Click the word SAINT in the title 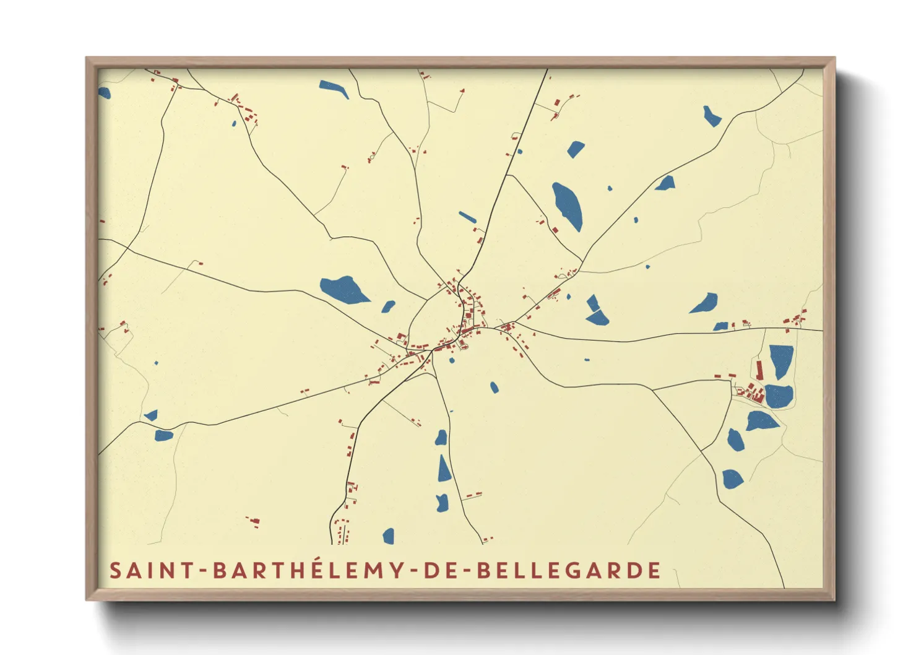(x=152, y=570)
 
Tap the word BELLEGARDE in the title (x=569, y=570)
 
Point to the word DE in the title (x=441, y=570)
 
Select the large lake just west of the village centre (x=343, y=290)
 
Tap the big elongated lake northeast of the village (x=568, y=206)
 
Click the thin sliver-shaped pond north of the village (x=467, y=217)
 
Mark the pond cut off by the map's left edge (x=103, y=93)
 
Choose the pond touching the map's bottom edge (x=389, y=536)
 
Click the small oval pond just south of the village (x=494, y=388)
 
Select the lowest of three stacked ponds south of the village (x=442, y=503)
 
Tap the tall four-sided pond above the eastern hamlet (x=780, y=360)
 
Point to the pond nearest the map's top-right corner (x=711, y=116)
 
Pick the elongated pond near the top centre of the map (x=334, y=89)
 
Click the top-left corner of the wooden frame (x=87, y=59)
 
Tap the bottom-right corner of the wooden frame (x=834, y=599)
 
